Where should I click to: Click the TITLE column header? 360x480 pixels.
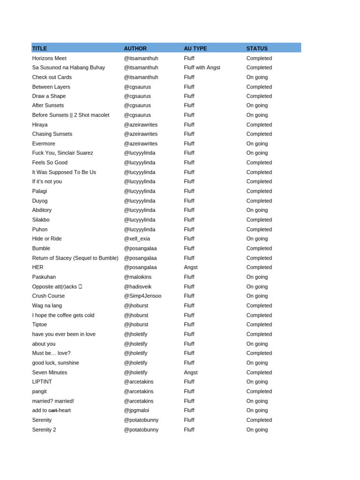(x=39, y=48)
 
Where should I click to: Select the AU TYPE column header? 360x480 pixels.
(x=195, y=48)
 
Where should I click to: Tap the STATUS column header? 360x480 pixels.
(x=257, y=48)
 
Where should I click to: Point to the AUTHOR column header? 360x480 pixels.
(x=135, y=48)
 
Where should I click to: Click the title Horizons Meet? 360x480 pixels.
(x=49, y=58)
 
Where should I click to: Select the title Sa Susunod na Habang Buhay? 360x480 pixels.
(x=68, y=67)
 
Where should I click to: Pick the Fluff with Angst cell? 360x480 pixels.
(x=202, y=67)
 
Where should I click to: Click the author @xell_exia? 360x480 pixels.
(x=137, y=239)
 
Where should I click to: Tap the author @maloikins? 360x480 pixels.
(x=138, y=277)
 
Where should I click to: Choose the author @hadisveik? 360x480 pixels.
(x=137, y=286)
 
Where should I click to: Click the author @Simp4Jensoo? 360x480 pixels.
(x=142, y=296)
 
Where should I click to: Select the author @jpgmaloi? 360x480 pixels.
(x=136, y=410)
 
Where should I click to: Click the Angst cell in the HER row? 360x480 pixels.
(x=190, y=267)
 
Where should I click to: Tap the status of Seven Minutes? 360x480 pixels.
(x=259, y=372)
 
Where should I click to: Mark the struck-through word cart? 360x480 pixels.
(x=53, y=410)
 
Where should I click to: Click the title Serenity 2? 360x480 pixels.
(x=44, y=429)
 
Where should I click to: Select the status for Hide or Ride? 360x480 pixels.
(x=257, y=239)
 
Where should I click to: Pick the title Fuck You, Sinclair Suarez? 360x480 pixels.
(x=62, y=153)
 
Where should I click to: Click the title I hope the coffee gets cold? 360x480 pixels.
(x=63, y=315)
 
